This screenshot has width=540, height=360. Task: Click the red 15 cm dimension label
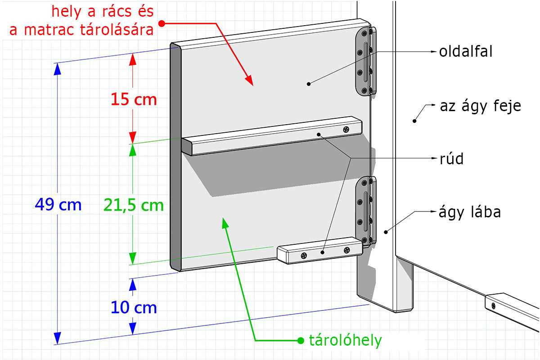pos(134,99)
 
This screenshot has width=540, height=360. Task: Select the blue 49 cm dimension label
pos(58,205)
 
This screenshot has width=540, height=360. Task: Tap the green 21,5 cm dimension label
pos(134,205)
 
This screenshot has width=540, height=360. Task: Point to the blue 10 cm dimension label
pos(134,308)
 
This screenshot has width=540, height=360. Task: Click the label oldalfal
pos(466,51)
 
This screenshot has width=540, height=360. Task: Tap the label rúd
pos(451,158)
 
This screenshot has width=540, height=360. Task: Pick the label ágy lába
pos(469,211)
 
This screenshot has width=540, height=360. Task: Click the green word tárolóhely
pos(345,340)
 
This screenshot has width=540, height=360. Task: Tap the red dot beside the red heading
pos(162,22)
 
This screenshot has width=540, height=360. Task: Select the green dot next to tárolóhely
pos(301,340)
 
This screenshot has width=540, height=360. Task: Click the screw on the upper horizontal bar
pos(346,129)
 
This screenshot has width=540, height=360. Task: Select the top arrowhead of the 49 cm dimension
pos(57,68)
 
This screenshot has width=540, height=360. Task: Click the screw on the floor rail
pos(493,306)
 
